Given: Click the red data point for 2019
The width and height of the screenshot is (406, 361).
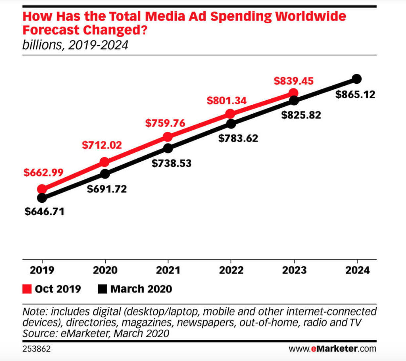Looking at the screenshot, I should click(42, 189).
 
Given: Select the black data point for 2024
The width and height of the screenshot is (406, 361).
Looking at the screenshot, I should click(357, 79).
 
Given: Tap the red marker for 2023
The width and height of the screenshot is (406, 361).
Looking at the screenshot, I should click(293, 92).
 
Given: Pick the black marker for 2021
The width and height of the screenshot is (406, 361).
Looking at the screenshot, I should click(168, 148).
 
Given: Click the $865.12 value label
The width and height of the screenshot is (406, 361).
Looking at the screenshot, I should click(355, 94).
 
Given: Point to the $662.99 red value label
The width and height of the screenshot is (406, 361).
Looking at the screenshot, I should click(43, 172).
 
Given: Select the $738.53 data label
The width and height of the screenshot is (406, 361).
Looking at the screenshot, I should click(172, 163).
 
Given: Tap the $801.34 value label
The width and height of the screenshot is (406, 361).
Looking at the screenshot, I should click(227, 100).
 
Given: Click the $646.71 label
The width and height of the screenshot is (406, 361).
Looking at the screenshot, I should click(45, 211).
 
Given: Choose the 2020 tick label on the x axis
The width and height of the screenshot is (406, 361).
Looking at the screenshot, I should click(105, 270).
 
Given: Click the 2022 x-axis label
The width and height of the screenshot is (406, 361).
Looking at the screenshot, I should click(231, 270).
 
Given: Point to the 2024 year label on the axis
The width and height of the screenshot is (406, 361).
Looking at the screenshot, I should click(357, 270).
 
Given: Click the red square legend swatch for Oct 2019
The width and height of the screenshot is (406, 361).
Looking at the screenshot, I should click(27, 289).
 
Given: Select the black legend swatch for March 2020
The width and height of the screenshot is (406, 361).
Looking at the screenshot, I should click(102, 289).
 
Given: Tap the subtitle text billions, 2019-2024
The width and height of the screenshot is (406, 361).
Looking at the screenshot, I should click(75, 45).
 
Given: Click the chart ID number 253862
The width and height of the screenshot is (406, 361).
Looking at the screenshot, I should click(36, 349).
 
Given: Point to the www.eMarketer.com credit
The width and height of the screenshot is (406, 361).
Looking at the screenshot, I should click(332, 349).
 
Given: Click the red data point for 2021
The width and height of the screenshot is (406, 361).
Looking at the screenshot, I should click(168, 136).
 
